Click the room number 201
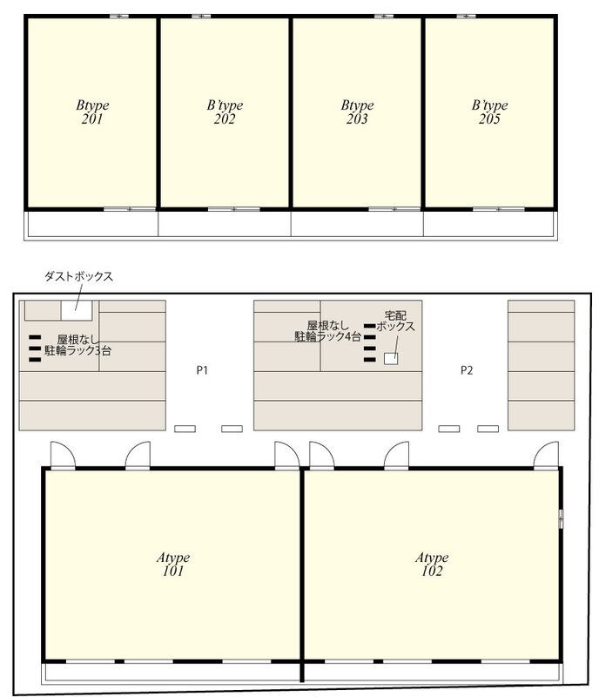point(92,119)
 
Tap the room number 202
point(225,119)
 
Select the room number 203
point(357,119)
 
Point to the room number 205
point(489,119)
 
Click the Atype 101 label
point(172,565)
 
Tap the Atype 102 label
point(431,565)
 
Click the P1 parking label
point(202,370)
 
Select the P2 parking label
point(467,370)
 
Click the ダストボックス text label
point(79,277)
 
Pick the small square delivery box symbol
point(391,358)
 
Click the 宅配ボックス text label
point(395,321)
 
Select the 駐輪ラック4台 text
point(327,335)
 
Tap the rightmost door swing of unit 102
point(547,455)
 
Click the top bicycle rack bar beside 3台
point(35,338)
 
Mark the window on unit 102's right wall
point(561,518)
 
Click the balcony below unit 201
point(92,224)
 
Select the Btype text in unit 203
point(357,106)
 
